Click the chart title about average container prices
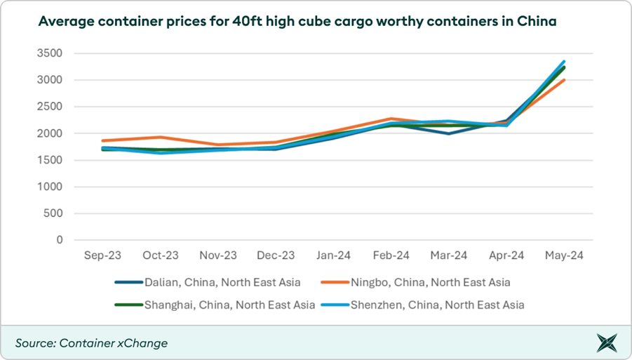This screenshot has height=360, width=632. click(297, 22)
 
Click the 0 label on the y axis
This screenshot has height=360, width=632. click(59, 240)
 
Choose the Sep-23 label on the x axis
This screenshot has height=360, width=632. click(102, 256)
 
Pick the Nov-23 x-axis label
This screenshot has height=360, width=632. click(218, 256)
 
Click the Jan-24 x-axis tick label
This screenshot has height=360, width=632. click(333, 256)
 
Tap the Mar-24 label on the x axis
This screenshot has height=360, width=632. click(449, 256)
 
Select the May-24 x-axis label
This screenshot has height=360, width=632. click(565, 256)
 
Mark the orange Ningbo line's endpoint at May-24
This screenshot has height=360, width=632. click(565, 80)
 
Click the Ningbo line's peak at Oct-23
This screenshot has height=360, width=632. click(161, 137)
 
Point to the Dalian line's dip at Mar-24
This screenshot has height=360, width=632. click(449, 133)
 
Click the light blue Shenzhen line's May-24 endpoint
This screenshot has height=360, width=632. click(565, 62)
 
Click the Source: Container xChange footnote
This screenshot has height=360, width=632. click(91, 343)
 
